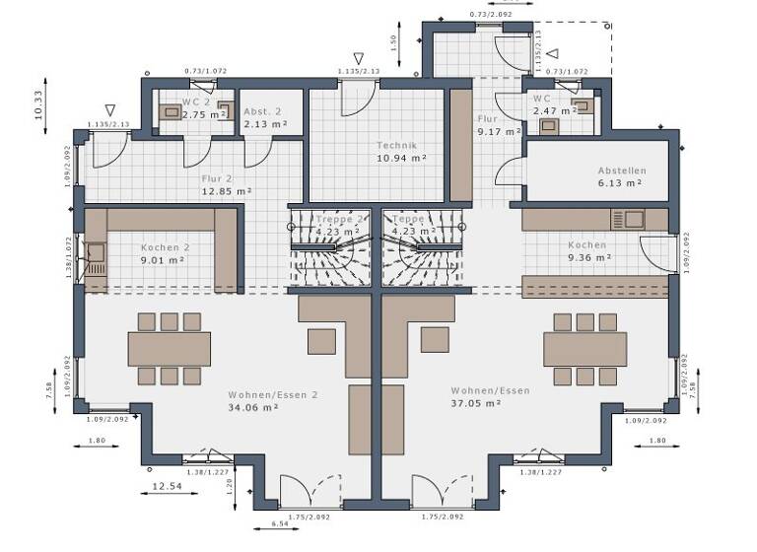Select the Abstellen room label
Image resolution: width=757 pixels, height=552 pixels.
tap(621, 170)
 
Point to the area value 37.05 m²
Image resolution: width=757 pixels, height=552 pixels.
tap(475, 403)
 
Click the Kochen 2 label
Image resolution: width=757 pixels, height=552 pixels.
tap(164, 248)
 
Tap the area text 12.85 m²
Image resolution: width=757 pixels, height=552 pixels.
tap(227, 191)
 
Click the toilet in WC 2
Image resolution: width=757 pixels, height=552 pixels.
tap(172, 112)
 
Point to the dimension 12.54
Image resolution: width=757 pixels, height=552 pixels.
tap(167, 487)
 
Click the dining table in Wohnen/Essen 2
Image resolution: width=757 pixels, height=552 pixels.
tap(169, 348)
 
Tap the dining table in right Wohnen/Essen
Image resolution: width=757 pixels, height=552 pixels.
tap(587, 348)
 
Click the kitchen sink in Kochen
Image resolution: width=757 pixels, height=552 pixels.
tap(631, 217)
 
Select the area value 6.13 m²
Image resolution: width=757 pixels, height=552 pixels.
tap(620, 182)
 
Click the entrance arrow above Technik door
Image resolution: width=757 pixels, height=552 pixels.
tap(358, 59)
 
